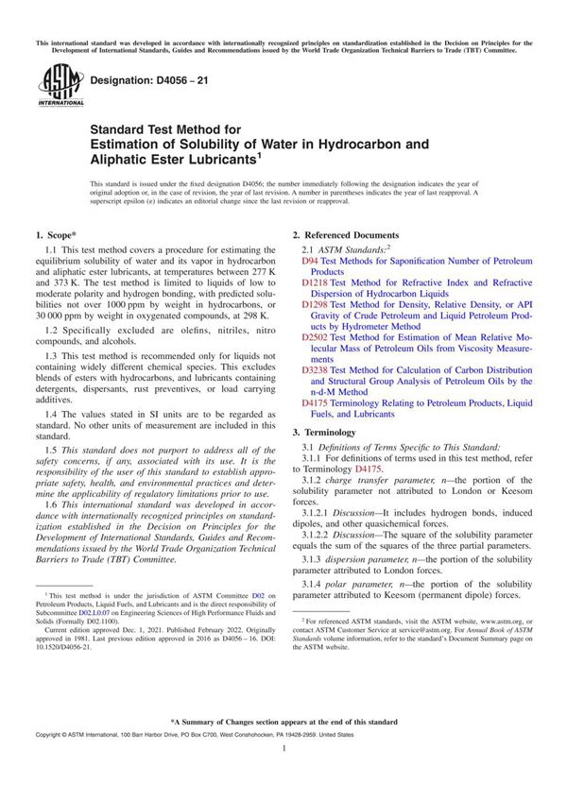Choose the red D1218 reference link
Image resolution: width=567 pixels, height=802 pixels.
315,282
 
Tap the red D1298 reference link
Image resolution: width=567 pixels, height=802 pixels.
315,305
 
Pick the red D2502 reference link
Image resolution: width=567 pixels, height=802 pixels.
315,337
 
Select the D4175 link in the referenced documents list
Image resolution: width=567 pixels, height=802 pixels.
315,402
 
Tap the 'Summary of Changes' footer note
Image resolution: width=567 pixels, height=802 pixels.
283,722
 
